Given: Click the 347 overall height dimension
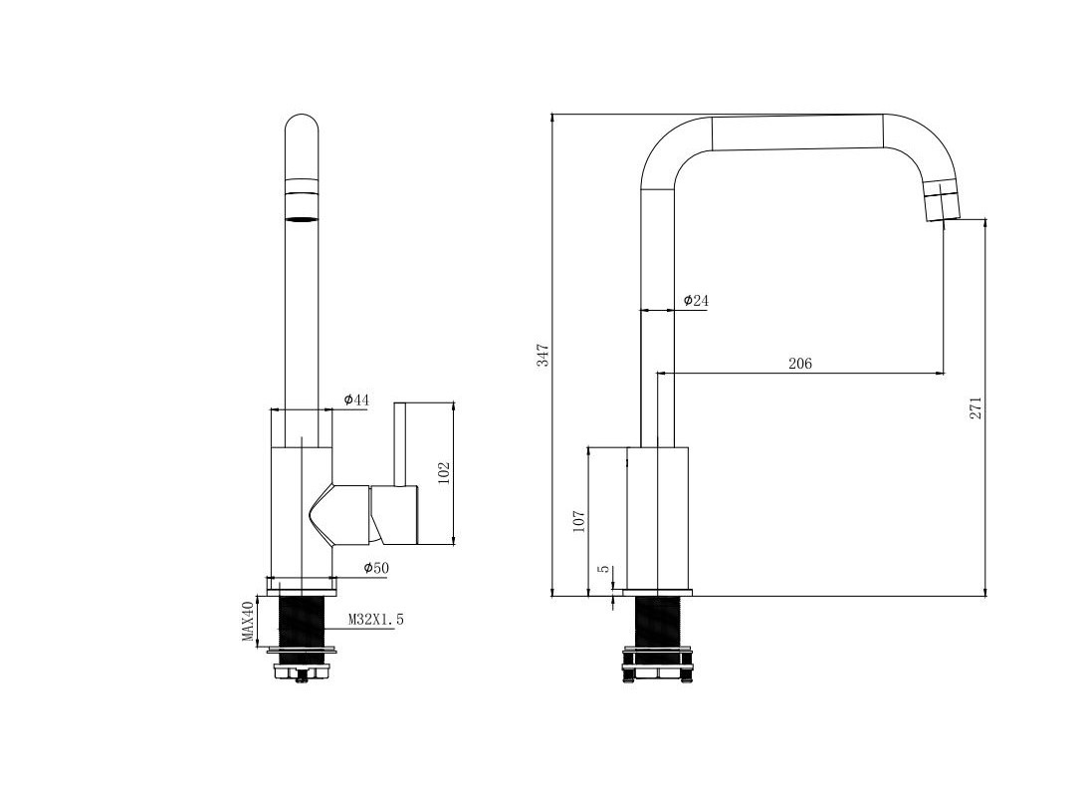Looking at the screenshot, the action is [x=543, y=355].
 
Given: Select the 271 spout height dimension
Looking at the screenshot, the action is [x=975, y=408].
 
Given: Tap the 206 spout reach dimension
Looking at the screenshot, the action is [x=800, y=364].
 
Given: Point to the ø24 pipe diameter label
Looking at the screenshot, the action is [x=696, y=301].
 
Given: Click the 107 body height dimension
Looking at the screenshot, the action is [x=579, y=521].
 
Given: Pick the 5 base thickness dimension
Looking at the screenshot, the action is [x=604, y=569].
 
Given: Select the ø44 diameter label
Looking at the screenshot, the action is [x=356, y=399].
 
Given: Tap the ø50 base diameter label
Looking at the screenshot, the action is [x=376, y=569].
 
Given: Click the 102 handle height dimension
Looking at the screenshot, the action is [x=444, y=473].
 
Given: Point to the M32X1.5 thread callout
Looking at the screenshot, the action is [x=375, y=620].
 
